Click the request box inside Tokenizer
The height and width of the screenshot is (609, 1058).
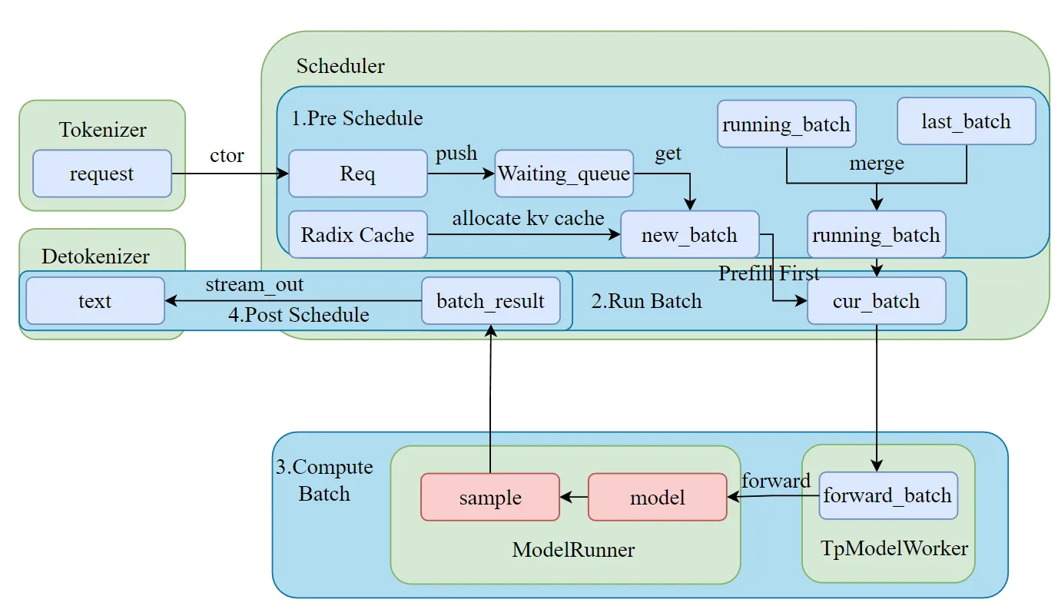point(102,174)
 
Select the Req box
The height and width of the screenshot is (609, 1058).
point(357,174)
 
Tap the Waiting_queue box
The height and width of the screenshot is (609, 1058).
point(564,174)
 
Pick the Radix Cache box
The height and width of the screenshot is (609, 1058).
point(357,234)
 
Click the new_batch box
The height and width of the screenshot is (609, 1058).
point(690,234)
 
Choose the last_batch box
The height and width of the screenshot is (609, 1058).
point(967,121)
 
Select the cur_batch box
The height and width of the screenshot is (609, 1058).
point(877,301)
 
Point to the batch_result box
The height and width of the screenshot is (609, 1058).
point(491,301)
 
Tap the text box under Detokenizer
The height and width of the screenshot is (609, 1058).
point(95,301)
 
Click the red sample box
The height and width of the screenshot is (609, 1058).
point(490,497)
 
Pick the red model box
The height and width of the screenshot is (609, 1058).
point(658,497)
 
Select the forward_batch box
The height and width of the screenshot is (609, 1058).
point(888,495)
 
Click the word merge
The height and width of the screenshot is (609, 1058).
point(877,164)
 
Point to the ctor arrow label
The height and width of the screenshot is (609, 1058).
point(227,155)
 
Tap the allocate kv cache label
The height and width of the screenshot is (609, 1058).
point(528,218)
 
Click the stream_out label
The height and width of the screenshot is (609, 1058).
point(254,284)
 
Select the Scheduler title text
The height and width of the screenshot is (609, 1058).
point(340,65)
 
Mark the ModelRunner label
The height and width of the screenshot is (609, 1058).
point(573,550)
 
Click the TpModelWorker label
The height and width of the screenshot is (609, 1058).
point(894,548)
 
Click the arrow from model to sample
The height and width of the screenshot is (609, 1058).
point(574,497)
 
